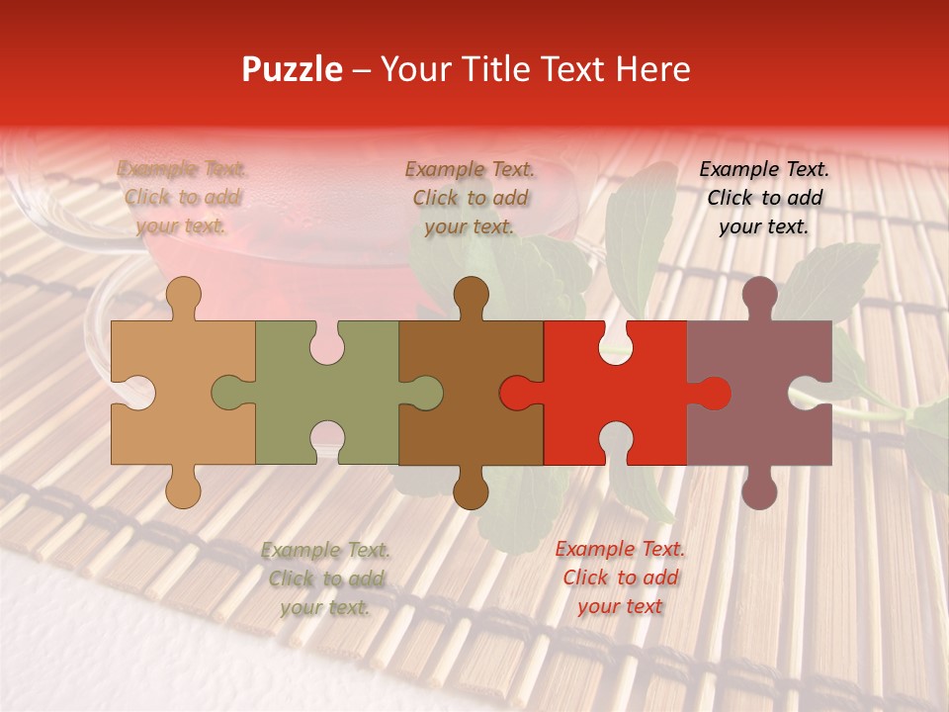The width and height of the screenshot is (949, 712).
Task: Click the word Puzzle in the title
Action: tap(293, 69)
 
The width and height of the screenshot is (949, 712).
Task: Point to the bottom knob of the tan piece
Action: tap(183, 489)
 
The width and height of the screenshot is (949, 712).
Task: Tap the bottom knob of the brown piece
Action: tap(471, 489)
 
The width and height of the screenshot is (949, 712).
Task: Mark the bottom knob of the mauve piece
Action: tap(759, 489)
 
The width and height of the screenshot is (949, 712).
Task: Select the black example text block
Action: tap(764, 197)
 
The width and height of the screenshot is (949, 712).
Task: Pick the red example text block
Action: tap(620, 577)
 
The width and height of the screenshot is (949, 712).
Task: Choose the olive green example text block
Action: tap(325, 578)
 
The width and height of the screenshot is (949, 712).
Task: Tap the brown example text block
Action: tap(470, 197)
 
